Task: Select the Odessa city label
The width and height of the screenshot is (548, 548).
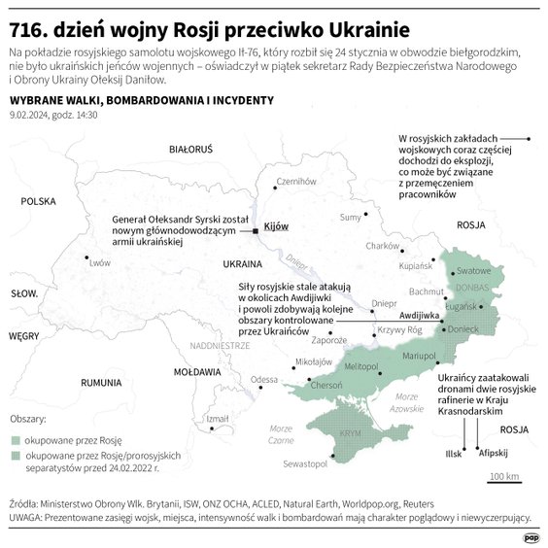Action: click(x=263, y=379)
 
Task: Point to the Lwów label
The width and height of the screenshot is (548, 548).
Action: click(x=100, y=262)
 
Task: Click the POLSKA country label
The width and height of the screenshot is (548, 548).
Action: click(x=40, y=202)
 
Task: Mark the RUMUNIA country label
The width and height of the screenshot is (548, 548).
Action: click(x=100, y=383)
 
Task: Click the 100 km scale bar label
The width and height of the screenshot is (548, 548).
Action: click(x=504, y=476)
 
